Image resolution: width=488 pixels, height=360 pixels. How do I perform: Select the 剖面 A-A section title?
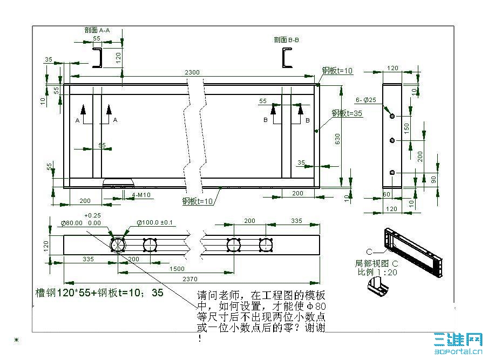[x=97, y=30]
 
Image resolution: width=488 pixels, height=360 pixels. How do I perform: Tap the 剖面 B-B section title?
[x=287, y=39]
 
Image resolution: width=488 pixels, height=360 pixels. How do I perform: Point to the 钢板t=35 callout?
[x=347, y=113]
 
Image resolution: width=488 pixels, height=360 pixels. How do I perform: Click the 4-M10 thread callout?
[x=140, y=194]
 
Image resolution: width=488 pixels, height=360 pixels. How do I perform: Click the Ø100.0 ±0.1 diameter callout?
[x=154, y=222]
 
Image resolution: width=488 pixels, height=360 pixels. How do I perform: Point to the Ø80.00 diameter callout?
[x=72, y=222]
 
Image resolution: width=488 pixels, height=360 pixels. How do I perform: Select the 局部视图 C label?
[x=376, y=263]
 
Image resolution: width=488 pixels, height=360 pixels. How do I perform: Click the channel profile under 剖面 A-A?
[x=98, y=58]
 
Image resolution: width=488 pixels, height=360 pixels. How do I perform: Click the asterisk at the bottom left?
[x=16, y=340]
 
